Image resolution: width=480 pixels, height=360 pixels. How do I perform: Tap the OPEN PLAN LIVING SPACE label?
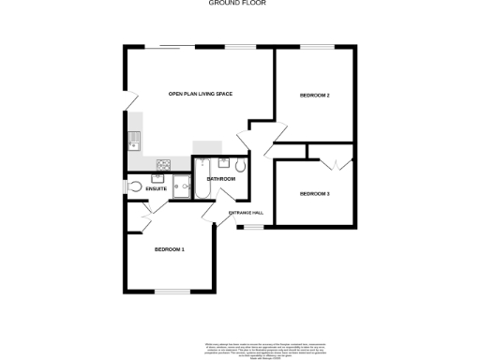(201, 94)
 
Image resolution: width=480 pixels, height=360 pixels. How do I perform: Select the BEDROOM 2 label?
(314, 96)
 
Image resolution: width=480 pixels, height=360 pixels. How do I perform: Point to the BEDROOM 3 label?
(314, 193)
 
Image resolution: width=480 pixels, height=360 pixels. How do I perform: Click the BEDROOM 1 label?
(169, 249)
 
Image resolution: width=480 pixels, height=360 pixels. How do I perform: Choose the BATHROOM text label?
(220, 178)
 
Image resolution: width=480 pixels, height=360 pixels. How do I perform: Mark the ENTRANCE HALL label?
(246, 213)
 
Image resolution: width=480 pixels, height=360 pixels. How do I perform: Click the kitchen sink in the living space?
(133, 142)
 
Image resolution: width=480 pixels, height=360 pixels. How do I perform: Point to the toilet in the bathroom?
(240, 166)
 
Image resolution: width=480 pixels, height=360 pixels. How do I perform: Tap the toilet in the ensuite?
(136, 187)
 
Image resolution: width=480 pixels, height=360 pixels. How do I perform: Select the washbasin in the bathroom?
(202, 166)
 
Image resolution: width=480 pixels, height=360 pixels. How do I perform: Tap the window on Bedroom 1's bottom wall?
(172, 292)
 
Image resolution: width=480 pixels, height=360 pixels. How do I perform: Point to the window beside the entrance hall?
(248, 226)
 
